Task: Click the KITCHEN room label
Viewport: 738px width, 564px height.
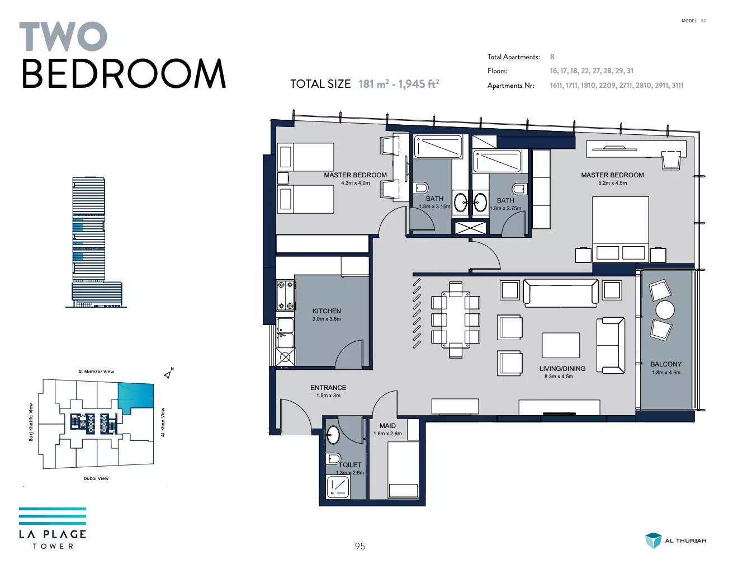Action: [327, 311]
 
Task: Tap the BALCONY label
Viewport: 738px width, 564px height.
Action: [666, 364]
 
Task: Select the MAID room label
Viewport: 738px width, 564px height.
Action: [387, 426]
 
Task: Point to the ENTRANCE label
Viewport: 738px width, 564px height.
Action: [328, 388]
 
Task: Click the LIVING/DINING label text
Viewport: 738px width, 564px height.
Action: [562, 369]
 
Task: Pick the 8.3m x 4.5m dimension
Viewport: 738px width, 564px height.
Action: [559, 377]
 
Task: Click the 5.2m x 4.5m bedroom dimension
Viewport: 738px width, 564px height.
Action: [613, 183]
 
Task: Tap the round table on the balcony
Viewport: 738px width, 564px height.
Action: [665, 310]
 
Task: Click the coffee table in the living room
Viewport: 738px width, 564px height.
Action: [560, 345]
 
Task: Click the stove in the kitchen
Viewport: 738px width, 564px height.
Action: [286, 295]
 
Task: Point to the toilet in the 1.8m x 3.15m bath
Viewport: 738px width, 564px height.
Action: [420, 187]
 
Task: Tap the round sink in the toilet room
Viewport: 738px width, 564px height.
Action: [333, 435]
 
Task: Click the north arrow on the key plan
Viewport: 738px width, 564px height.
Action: [167, 375]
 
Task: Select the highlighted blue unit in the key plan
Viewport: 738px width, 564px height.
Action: [136, 397]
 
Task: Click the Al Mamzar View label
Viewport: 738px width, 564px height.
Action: [96, 372]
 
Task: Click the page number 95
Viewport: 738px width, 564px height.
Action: [359, 546]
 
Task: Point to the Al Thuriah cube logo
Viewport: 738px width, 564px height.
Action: [653, 540]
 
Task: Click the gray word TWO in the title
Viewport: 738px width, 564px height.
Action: [63, 36]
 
